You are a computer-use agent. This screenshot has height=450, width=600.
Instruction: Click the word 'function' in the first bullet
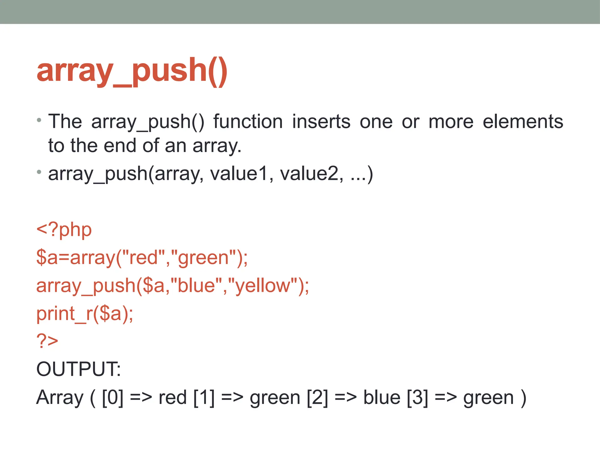point(248,122)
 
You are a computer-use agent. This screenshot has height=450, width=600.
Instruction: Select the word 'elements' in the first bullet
point(523,122)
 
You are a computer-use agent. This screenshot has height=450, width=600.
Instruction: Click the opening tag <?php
point(64,230)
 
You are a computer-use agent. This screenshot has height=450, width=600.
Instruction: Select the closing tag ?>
point(47,341)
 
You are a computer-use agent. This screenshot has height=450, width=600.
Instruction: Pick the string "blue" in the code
point(196,286)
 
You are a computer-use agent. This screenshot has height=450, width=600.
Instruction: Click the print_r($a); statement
point(85,313)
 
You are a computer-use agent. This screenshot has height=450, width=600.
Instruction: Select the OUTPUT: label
point(78,369)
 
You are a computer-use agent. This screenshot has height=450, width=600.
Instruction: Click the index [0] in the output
point(112,398)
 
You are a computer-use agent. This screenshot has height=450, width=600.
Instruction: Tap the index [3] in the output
point(417,398)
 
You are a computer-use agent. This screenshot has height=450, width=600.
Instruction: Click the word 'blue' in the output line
point(382,398)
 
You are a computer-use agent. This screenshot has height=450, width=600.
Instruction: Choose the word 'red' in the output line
point(173,398)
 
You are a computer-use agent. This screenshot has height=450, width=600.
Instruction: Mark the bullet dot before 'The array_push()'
point(39,120)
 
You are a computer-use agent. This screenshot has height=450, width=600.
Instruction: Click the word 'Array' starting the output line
point(60,398)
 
